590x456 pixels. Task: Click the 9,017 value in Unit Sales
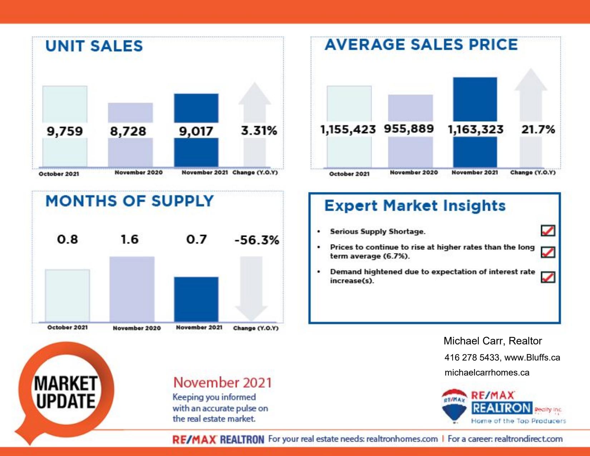pos(196,131)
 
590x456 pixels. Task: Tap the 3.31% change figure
pos(259,131)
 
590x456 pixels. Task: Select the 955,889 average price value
pos(409,129)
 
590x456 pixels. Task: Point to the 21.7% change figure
pos(538,129)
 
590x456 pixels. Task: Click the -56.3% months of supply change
pos(256,240)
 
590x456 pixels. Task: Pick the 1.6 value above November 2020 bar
pos(129,239)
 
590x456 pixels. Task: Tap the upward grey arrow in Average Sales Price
pos(531,97)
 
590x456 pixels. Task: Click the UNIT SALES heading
pos(94,46)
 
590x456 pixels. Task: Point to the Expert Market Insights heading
pos(415,206)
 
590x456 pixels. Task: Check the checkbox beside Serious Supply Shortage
pos(548,231)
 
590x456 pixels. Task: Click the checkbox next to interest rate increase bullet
pos(548,277)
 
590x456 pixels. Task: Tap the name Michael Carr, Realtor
pos(492,341)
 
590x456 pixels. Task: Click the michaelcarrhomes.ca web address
pos(487,373)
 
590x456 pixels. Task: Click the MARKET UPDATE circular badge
pos(66,392)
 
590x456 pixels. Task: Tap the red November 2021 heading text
pos(222,382)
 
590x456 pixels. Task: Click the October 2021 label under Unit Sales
pos(59,174)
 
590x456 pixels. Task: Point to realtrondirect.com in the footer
pos(528,439)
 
